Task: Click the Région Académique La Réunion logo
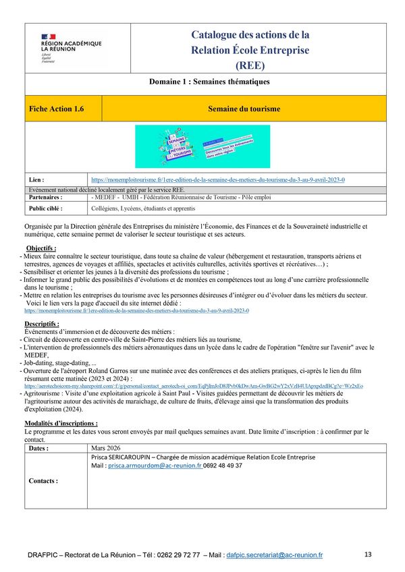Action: click(x=70, y=48)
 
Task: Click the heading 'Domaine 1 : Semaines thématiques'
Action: click(x=209, y=82)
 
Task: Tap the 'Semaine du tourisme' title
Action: click(x=244, y=109)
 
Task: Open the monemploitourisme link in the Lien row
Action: click(x=217, y=180)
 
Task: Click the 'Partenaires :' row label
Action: click(x=47, y=198)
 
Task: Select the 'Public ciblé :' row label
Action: click(x=47, y=209)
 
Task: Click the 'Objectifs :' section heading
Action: click(x=41, y=249)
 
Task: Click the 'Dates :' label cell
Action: click(x=39, y=448)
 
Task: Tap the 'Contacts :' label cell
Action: click(x=44, y=481)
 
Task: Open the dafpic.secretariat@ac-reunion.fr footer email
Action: click(x=275, y=555)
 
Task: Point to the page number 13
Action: click(x=368, y=554)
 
